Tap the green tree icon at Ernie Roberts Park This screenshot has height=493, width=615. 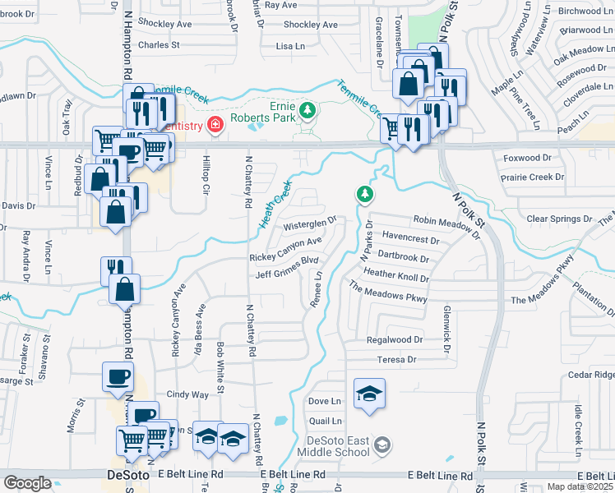tap(307, 110)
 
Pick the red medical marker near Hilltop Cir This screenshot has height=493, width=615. tap(215, 125)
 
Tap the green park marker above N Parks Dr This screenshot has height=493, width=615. tap(364, 195)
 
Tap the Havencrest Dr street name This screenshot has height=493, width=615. tap(411, 238)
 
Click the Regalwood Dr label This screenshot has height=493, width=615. tap(395, 339)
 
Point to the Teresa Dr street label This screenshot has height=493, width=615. tap(397, 359)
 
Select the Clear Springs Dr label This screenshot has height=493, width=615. tap(560, 219)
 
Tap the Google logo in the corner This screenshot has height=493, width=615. tap(27, 483)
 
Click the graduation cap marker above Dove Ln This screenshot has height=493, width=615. tap(369, 392)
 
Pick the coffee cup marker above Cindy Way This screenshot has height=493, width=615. tap(117, 376)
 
